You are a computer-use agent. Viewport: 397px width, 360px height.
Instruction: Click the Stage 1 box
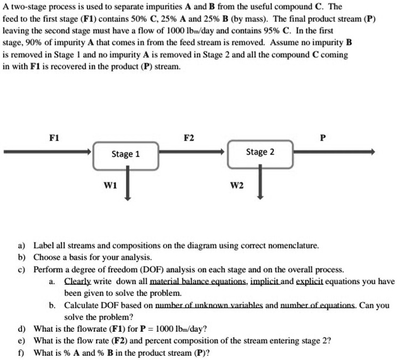point(126,154)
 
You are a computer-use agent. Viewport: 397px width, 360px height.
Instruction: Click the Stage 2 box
point(260,152)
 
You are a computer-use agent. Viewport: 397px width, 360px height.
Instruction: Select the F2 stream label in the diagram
point(188,138)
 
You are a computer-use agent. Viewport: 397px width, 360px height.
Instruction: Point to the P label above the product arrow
point(322,138)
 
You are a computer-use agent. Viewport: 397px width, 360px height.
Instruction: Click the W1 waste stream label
point(110,185)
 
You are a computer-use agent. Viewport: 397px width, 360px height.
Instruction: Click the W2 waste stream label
point(236,185)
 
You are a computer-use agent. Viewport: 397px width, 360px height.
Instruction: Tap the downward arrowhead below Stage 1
point(128,197)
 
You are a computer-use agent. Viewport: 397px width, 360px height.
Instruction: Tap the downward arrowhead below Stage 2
point(260,196)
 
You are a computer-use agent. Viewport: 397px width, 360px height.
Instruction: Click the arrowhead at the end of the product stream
point(372,152)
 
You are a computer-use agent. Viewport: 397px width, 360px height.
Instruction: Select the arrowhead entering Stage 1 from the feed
point(89,152)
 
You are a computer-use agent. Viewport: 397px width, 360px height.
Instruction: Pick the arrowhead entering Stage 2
point(224,152)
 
